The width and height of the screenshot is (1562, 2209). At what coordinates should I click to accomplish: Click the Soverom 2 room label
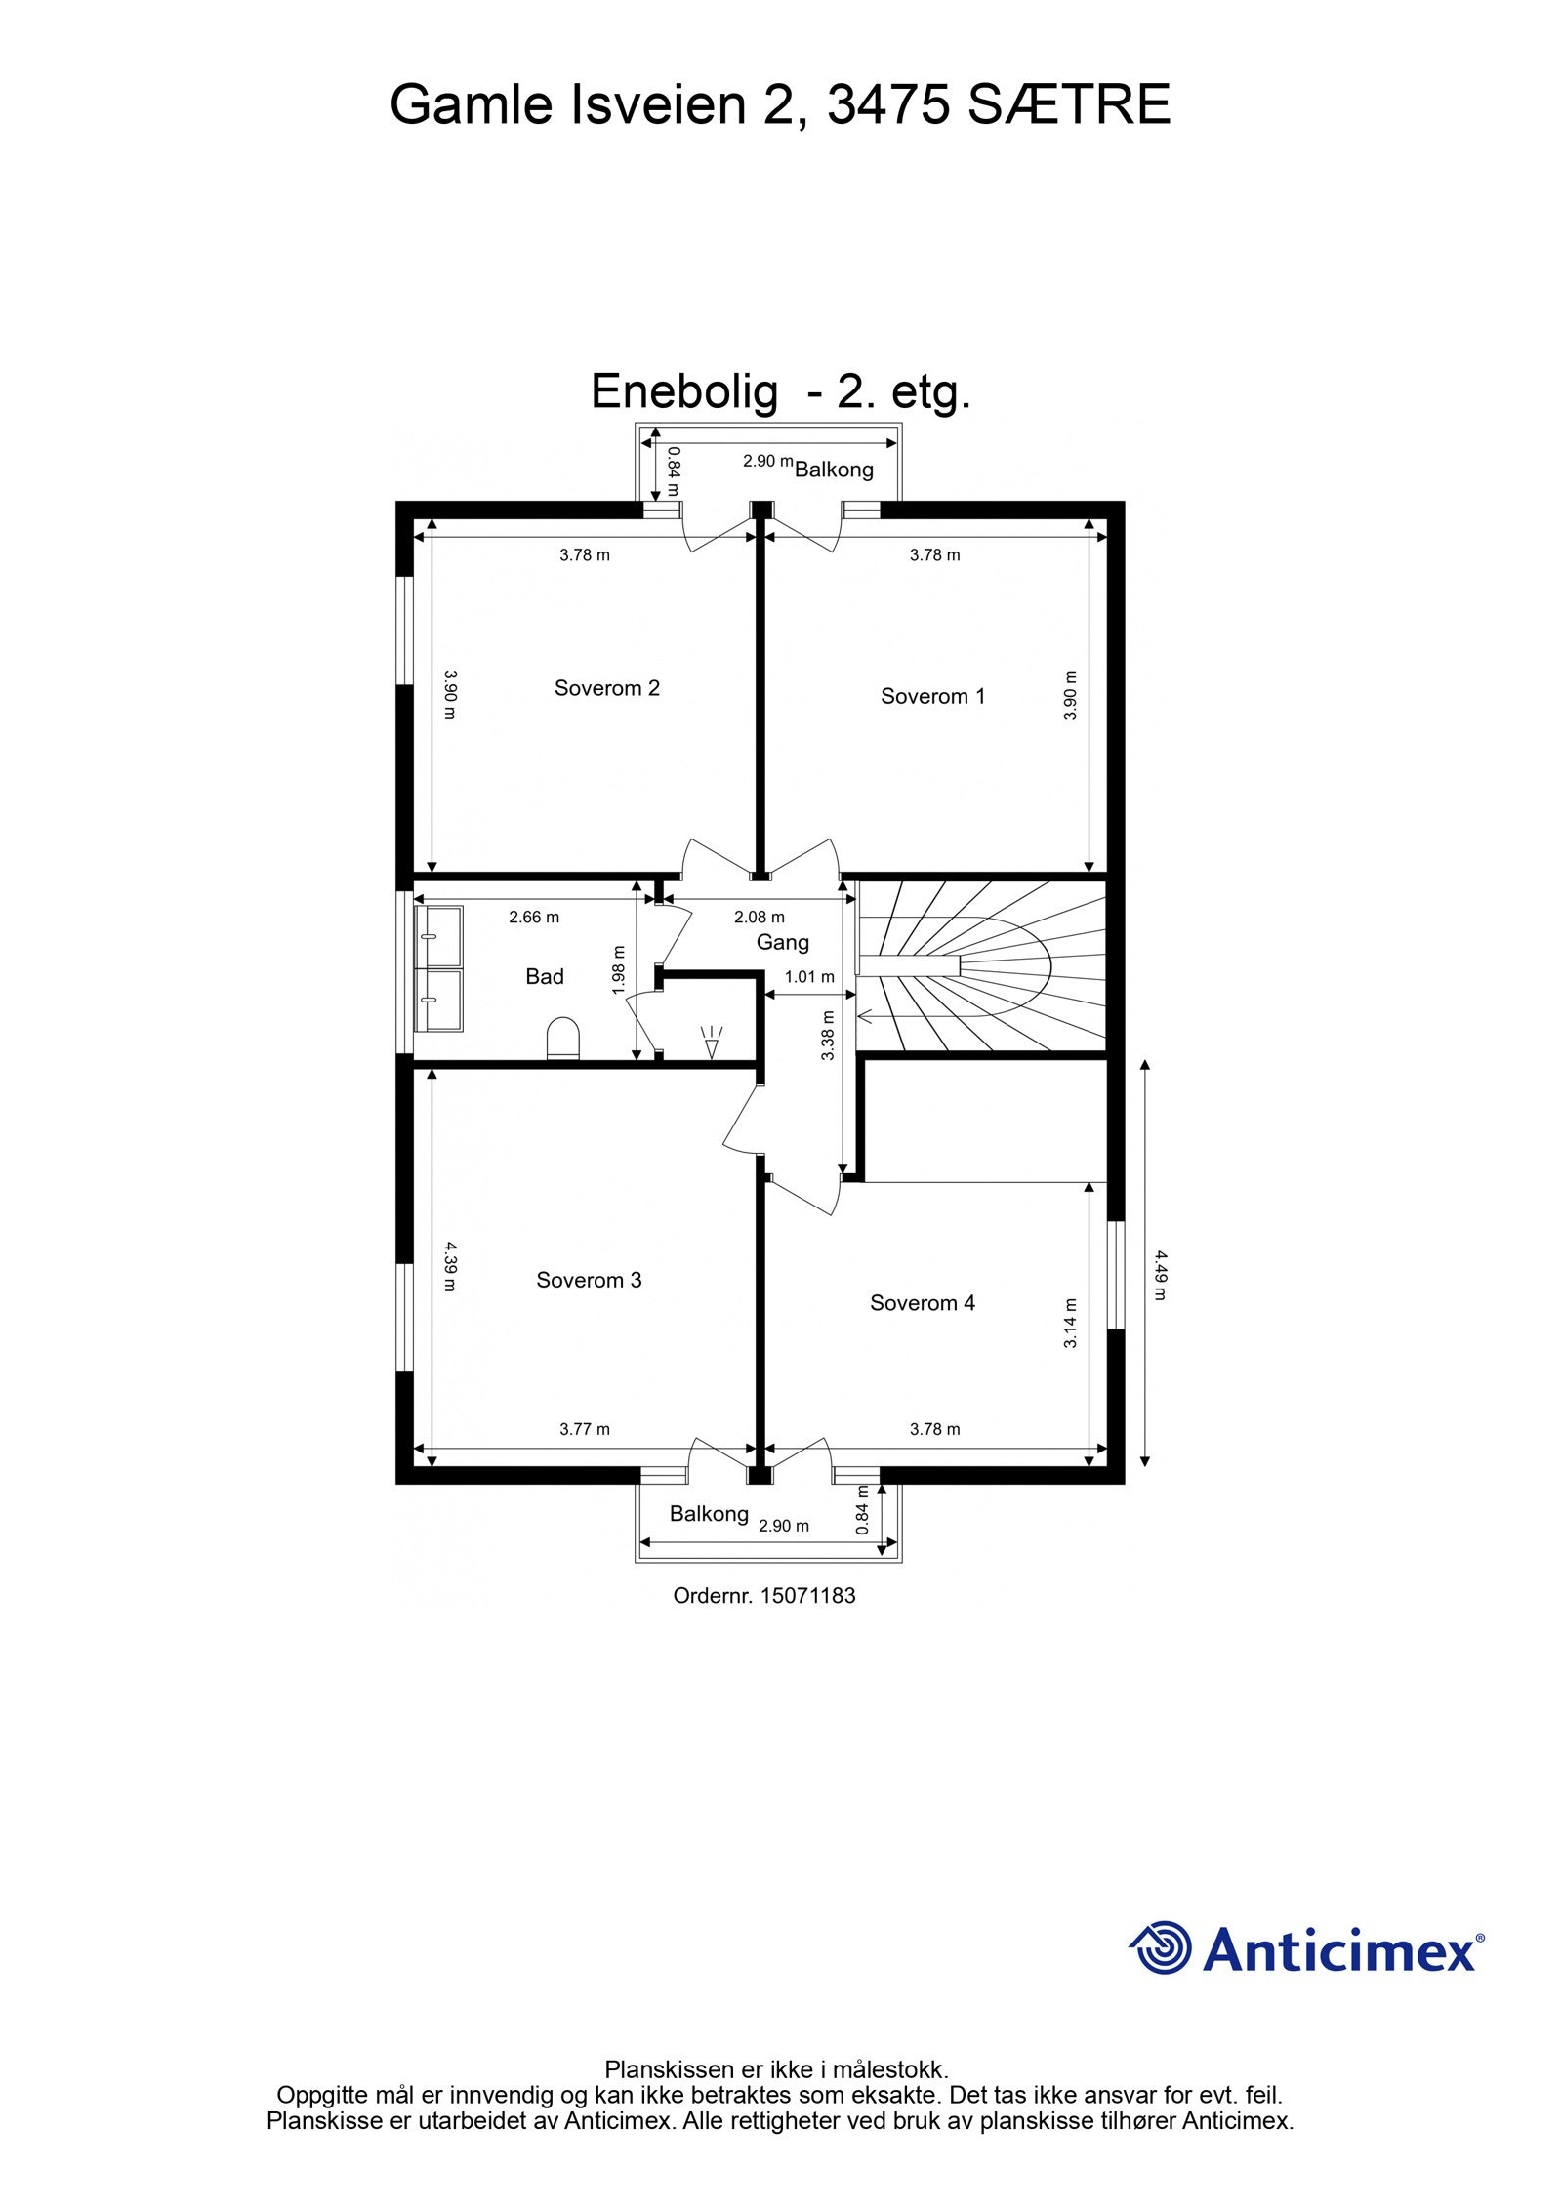click(606, 688)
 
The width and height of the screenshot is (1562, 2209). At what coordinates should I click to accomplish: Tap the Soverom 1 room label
click(932, 696)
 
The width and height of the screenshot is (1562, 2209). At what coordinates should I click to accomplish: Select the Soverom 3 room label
click(589, 1280)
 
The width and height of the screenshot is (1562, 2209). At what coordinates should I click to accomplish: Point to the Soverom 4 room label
click(922, 1302)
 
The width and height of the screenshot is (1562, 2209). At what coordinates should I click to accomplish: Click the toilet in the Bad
click(562, 1039)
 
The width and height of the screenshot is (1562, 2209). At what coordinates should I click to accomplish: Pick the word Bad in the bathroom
click(544, 976)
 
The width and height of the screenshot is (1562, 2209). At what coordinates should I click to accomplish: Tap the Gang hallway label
click(782, 942)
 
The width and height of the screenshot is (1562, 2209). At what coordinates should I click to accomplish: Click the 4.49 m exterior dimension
click(1159, 1275)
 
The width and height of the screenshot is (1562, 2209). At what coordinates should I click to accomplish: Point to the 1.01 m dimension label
click(809, 977)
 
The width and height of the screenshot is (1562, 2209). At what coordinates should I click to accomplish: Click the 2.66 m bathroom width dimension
click(534, 918)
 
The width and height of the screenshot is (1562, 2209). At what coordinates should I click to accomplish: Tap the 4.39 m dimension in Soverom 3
click(449, 1266)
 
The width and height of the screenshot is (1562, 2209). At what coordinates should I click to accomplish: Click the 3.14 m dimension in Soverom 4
click(1070, 1323)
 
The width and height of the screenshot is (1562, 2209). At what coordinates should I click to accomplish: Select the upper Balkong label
click(834, 470)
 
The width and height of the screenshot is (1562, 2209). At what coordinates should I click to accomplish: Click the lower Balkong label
click(709, 1514)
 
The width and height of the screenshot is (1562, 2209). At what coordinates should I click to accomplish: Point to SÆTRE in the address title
click(1068, 105)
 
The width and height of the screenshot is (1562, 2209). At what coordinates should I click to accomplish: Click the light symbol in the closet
click(711, 1042)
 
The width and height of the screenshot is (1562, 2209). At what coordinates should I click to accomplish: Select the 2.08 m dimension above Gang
click(759, 918)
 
